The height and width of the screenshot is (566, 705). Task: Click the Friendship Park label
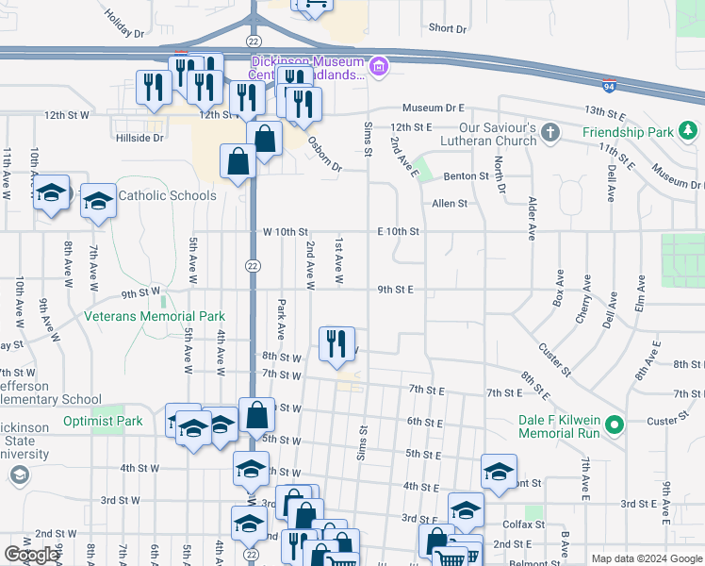point(629,133)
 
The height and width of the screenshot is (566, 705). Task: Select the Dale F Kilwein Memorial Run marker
point(615,426)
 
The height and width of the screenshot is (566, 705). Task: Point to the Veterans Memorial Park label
point(156,317)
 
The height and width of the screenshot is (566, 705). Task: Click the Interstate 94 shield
point(611,85)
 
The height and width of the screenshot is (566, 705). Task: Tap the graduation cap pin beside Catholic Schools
point(98,201)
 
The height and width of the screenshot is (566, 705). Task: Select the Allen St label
point(450,204)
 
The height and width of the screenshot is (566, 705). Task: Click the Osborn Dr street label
point(324,153)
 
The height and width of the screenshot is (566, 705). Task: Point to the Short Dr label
point(448,28)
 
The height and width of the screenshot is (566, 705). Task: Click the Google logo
point(32,555)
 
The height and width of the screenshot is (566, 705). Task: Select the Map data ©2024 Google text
point(646,558)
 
